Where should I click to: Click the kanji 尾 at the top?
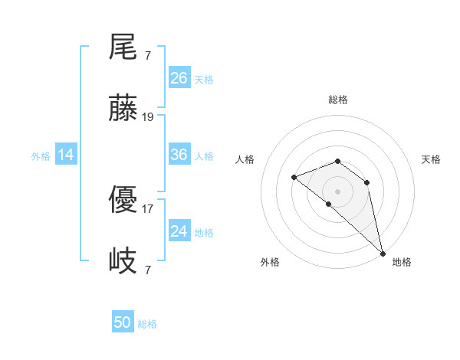(x=123, y=47)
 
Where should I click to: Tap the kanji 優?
(x=123, y=201)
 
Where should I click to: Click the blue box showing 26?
(x=179, y=77)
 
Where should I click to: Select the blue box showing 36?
(x=179, y=155)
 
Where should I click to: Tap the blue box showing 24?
(x=179, y=231)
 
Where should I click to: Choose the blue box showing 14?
(x=66, y=155)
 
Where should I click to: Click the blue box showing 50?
(x=123, y=322)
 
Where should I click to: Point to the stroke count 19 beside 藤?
(x=149, y=117)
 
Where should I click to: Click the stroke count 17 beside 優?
(x=148, y=208)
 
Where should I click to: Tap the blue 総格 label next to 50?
(x=147, y=324)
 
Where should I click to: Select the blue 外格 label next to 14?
(x=41, y=156)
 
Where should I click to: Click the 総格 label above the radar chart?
(x=338, y=100)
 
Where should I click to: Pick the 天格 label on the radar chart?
(x=431, y=160)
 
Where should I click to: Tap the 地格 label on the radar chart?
(x=402, y=262)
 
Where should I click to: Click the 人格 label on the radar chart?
(x=245, y=160)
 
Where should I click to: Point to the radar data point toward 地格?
(x=383, y=254)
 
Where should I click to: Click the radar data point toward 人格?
(x=294, y=178)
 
